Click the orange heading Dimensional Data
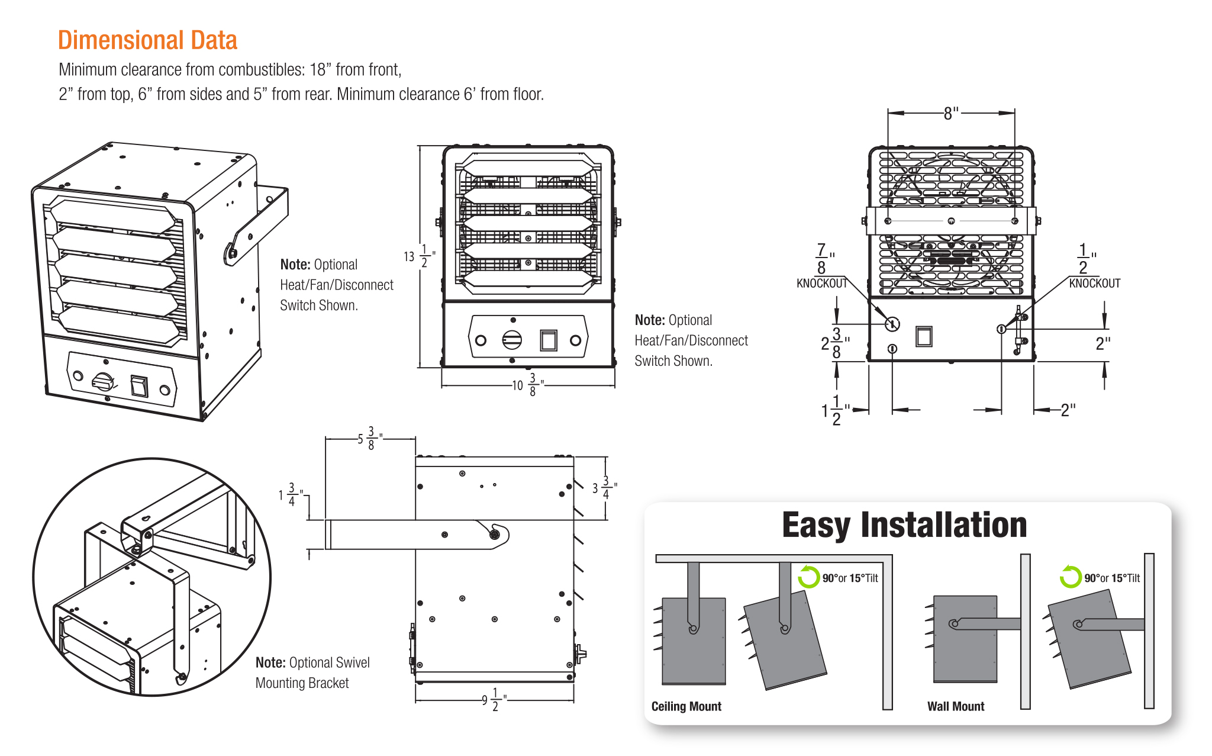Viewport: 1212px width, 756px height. tap(147, 40)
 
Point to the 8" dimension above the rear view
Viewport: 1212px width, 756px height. tap(950, 113)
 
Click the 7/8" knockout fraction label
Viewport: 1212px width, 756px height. tap(823, 259)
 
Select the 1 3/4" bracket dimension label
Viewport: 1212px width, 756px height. tap(290, 494)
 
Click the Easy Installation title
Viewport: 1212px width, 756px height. tap(904, 525)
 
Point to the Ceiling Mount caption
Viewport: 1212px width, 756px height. tap(686, 706)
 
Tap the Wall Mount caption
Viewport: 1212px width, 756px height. tap(955, 706)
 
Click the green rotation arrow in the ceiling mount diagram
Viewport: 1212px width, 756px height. tap(808, 577)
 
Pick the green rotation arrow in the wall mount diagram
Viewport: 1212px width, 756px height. tap(1070, 577)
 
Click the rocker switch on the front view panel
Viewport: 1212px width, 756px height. tap(549, 340)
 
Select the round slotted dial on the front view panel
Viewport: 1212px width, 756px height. tap(512, 340)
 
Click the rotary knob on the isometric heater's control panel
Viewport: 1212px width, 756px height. tap(103, 381)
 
